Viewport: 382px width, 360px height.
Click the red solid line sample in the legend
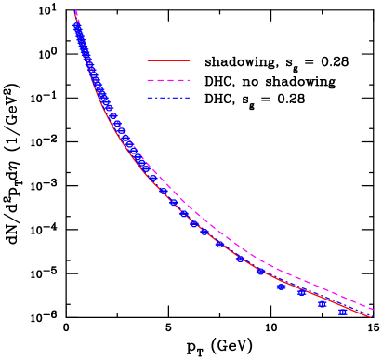pos(168,60)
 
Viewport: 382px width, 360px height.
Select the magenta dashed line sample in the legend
pos(168,80)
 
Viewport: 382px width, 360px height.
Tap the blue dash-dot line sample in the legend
pos(168,98)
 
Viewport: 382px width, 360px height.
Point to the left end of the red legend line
pos(148,60)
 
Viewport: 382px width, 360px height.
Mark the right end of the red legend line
pos(189,60)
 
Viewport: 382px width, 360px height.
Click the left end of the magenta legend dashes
pos(148,80)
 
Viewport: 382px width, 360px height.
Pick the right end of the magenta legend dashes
pos(189,80)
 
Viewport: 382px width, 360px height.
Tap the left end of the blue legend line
pos(148,98)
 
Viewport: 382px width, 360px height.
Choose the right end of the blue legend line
pos(189,98)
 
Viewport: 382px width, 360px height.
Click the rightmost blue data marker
pos(343,313)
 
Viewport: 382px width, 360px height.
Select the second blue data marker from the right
pos(323,304)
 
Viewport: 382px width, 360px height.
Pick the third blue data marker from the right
pos(301,292)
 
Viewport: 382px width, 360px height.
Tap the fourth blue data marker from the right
pos(281,287)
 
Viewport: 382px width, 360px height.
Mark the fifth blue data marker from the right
pos(260,272)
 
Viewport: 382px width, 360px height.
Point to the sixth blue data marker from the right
pos(240,259)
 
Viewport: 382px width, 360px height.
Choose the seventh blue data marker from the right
pos(219,246)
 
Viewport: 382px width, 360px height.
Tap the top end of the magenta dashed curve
pos(74,10)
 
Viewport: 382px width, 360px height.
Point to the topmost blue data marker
pos(76,26)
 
